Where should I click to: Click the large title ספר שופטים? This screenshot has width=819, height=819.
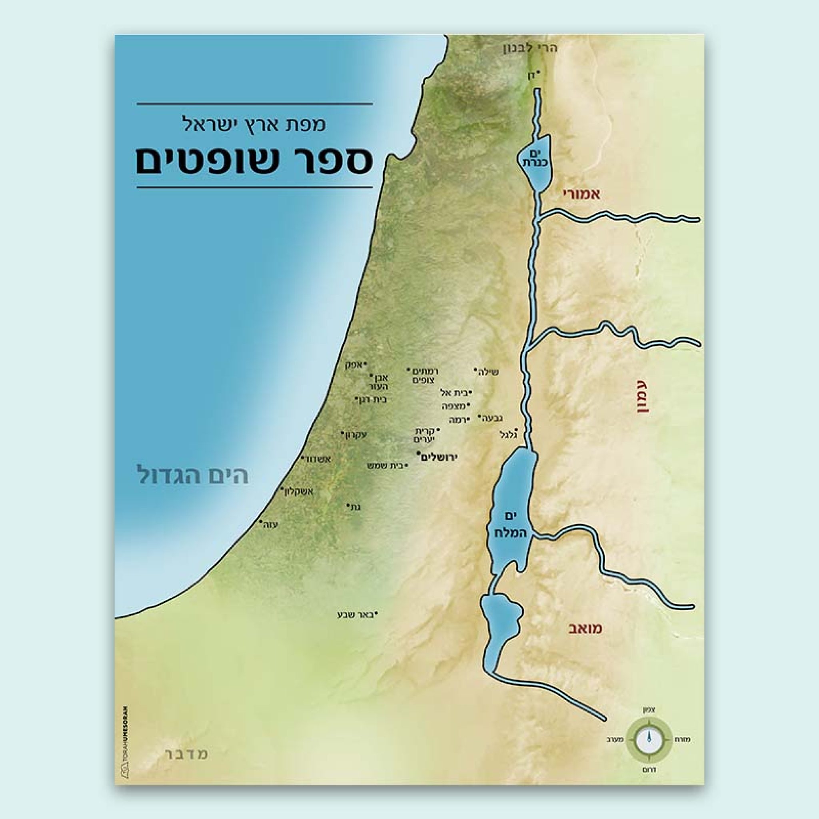click(254, 161)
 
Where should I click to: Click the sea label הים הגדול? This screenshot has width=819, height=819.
click(192, 475)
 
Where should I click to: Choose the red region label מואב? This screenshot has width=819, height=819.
click(585, 628)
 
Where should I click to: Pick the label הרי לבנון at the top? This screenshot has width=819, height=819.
click(529, 48)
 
